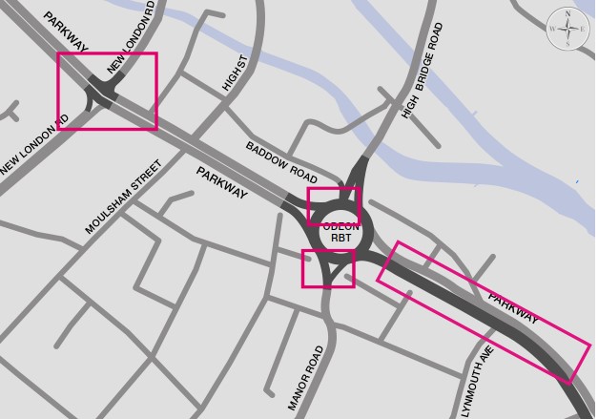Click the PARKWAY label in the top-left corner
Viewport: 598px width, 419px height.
[x=65, y=31]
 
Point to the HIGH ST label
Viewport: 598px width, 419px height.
[x=235, y=73]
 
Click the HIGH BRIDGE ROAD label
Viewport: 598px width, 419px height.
[x=423, y=71]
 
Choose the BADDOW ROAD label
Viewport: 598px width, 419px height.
[x=281, y=162]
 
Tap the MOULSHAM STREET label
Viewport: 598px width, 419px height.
[x=124, y=197]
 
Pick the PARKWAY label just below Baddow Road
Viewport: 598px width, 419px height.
[x=222, y=182]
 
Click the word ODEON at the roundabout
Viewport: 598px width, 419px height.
[x=340, y=225]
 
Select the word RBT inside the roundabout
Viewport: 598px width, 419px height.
[x=340, y=237]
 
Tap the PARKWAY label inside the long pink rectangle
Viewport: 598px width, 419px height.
[x=513, y=308]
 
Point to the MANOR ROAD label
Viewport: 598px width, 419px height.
[x=306, y=378]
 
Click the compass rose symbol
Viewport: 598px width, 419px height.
[x=567, y=29]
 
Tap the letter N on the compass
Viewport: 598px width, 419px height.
[x=567, y=13]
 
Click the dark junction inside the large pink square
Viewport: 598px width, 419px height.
[x=101, y=94]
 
